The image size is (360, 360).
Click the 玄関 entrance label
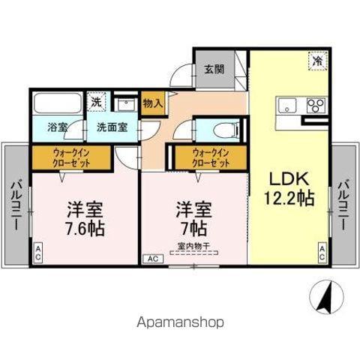coord(214,69)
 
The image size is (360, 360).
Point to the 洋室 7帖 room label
coord(193,217)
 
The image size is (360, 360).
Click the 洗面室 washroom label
coord(111,127)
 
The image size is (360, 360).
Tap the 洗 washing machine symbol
coord(97,101)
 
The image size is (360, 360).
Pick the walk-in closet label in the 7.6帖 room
coord(71,158)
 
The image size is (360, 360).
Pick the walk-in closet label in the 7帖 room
coord(210,158)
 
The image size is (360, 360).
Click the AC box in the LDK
coord(322,253)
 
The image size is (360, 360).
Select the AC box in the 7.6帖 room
coord(38,253)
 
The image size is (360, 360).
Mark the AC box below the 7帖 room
coord(151,259)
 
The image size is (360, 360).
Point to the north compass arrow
coord(325,297)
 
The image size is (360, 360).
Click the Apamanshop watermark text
coord(179,322)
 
